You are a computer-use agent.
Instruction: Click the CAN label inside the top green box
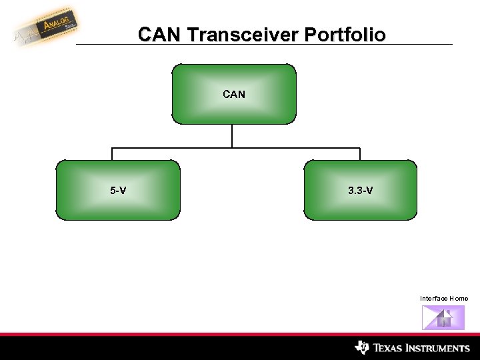click(233, 95)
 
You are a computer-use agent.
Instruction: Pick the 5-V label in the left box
click(118, 191)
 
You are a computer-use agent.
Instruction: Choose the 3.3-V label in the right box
click(360, 191)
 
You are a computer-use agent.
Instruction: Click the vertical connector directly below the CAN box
click(232, 135)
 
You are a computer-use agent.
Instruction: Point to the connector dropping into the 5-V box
click(112, 154)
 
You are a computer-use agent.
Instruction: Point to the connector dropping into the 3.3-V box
click(360, 154)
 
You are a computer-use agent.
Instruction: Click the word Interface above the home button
click(433, 298)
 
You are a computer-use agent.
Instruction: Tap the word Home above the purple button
click(459, 298)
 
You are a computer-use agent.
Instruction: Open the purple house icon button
click(443, 317)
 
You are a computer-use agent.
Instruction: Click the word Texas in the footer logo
click(389, 348)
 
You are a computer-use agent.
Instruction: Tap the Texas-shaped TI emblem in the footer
click(362, 347)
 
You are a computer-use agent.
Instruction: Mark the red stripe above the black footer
click(240, 334)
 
